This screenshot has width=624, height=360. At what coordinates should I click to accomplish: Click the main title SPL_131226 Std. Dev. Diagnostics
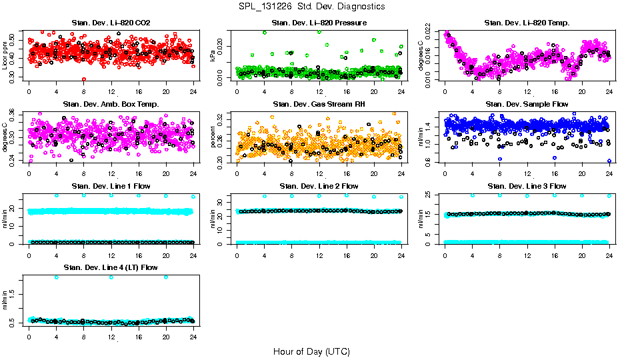pyautogui.click(x=311, y=7)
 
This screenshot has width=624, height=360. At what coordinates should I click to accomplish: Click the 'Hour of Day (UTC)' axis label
pyautogui.click(x=311, y=351)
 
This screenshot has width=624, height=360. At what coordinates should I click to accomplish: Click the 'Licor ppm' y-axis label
pyautogui.click(x=5, y=55)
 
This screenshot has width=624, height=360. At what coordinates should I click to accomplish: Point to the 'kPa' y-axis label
pyautogui.click(x=213, y=56)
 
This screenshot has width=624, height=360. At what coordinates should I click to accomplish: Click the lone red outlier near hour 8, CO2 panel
pyautogui.click(x=84, y=79)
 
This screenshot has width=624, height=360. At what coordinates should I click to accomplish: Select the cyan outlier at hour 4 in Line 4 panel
pyautogui.click(x=57, y=277)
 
